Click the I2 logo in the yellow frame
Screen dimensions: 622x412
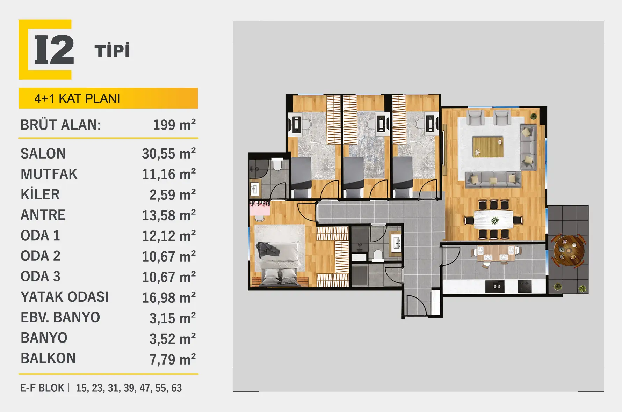coord(45,49)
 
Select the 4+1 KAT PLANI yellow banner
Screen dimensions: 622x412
coord(108,98)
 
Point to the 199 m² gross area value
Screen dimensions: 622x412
coord(174,124)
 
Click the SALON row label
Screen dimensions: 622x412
coord(43,154)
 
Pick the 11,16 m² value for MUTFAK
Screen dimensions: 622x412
coord(169,174)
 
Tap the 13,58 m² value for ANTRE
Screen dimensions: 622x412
coord(169,215)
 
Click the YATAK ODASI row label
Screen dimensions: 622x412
coord(65,297)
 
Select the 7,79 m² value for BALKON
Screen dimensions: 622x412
coord(173,359)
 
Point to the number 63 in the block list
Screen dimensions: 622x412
coord(176,388)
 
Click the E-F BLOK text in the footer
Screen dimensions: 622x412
coord(42,388)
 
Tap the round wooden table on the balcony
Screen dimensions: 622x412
coord(569,251)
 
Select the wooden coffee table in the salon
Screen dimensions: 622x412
coord(488,147)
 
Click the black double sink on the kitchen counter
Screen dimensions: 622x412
coord(495,286)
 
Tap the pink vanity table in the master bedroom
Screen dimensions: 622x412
coord(260,209)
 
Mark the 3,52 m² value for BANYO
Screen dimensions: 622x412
coord(173,339)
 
